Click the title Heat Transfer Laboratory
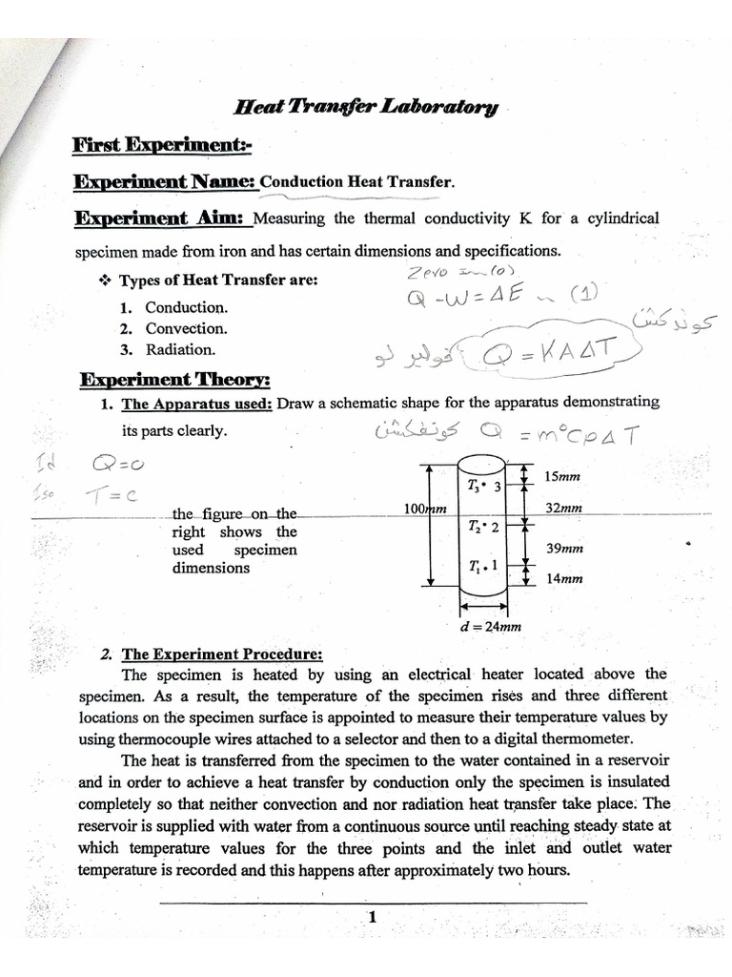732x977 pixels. point(366,108)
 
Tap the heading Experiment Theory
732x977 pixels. point(174,380)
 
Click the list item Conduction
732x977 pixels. point(186,307)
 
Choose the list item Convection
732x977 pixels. point(186,328)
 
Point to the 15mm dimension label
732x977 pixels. point(561,477)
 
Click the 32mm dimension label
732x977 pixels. point(563,509)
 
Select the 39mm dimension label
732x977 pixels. point(562,549)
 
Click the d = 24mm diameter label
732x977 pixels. point(489,627)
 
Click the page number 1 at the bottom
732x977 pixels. point(373,918)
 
